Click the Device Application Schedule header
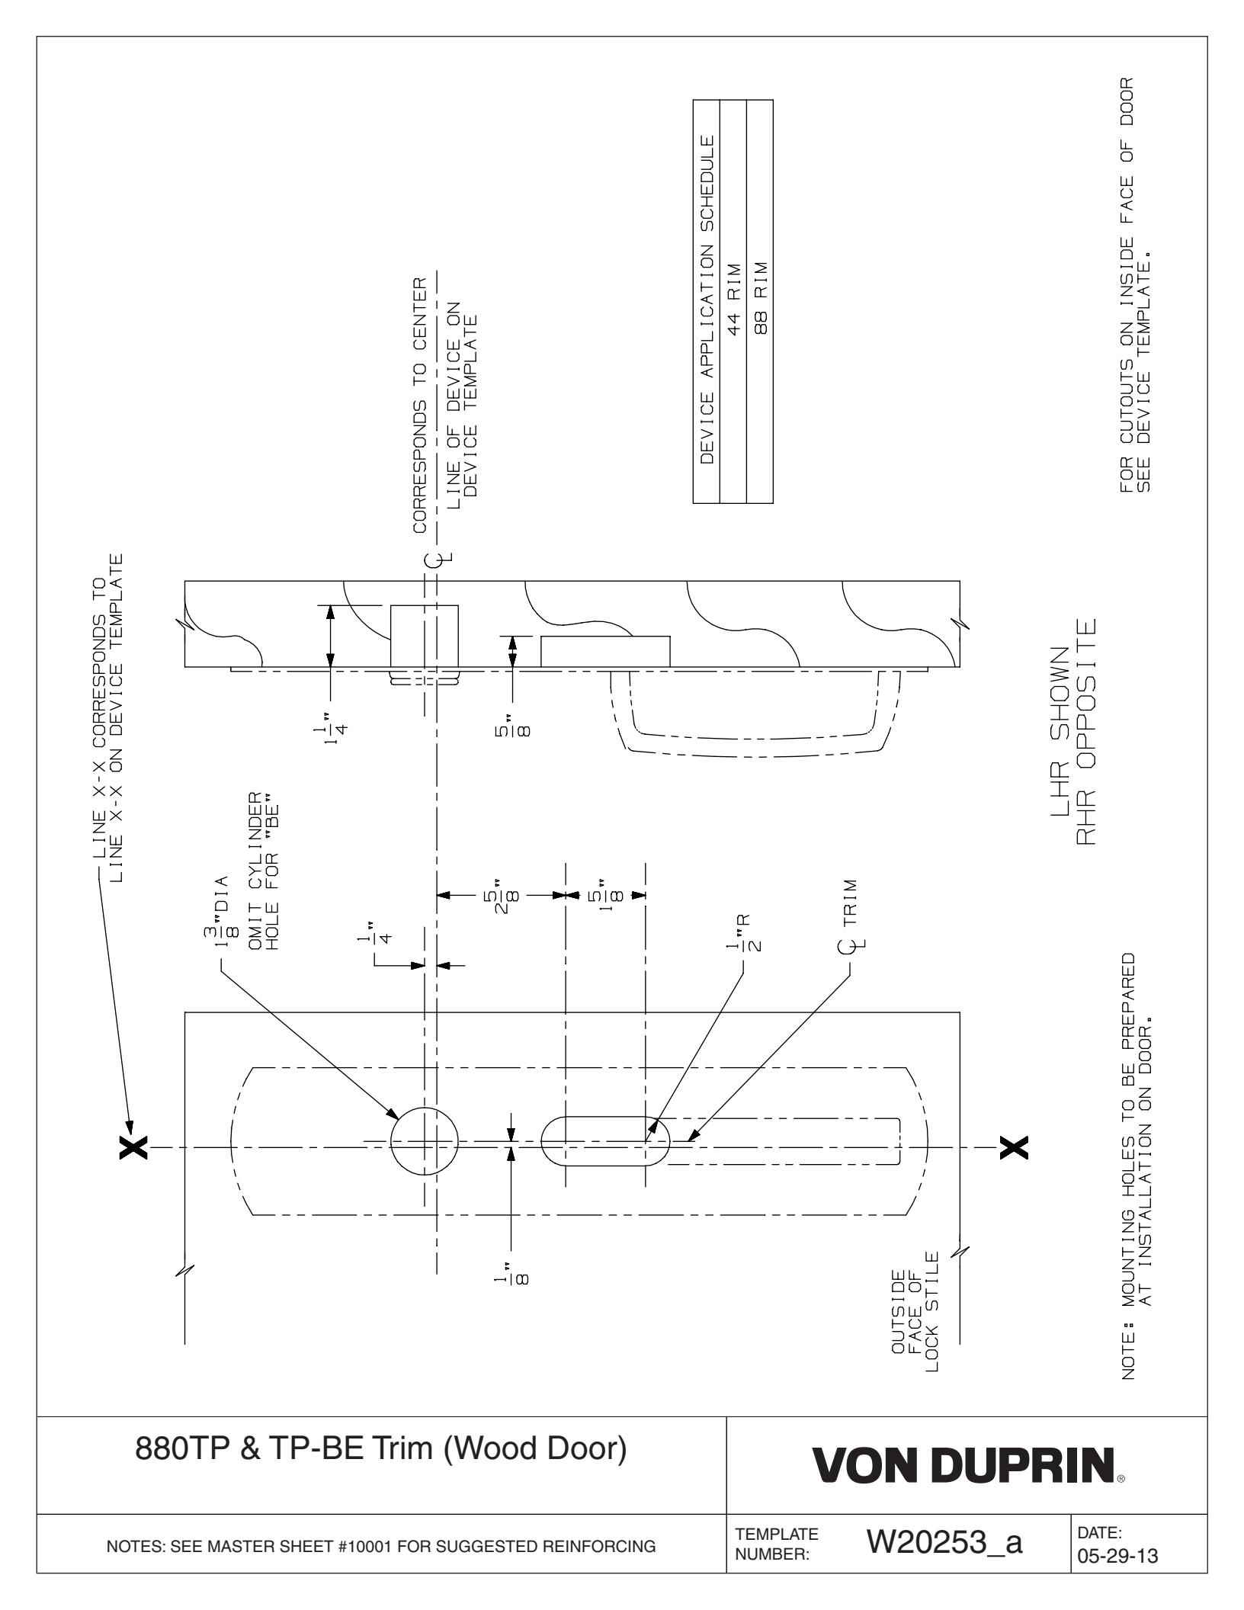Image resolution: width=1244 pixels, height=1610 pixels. coord(707,302)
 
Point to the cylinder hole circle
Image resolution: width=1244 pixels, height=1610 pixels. coord(425,1141)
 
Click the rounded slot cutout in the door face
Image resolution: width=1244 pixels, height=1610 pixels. coord(605,1141)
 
